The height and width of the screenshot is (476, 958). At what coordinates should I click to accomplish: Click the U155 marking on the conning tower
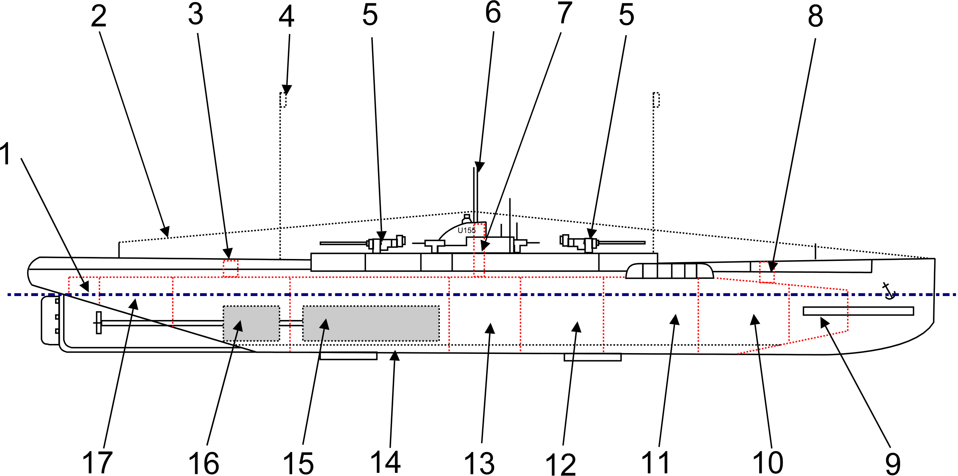click(466, 230)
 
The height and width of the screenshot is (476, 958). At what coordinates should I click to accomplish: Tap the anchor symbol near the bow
click(889, 291)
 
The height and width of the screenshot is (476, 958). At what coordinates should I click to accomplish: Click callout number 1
click(6, 154)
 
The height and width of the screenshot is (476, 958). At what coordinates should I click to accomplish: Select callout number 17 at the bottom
click(97, 462)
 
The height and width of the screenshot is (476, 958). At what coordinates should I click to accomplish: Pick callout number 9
click(893, 464)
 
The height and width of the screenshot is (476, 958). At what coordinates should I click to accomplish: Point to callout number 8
click(815, 17)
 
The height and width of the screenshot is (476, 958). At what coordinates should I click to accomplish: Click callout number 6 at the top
click(493, 13)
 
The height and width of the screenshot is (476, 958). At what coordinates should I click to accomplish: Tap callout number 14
click(386, 462)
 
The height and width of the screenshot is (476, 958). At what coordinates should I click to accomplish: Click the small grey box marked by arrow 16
click(251, 324)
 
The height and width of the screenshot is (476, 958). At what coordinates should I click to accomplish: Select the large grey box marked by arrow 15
click(371, 324)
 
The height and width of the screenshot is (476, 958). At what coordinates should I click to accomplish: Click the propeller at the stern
click(99, 323)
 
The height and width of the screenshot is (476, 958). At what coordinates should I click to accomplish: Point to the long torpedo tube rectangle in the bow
click(858, 311)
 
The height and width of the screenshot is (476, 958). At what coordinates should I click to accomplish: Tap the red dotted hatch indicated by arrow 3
click(230, 268)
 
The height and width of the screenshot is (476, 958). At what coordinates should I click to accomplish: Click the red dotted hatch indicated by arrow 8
click(766, 272)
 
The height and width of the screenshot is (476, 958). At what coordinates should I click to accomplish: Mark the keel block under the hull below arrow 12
click(592, 357)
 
